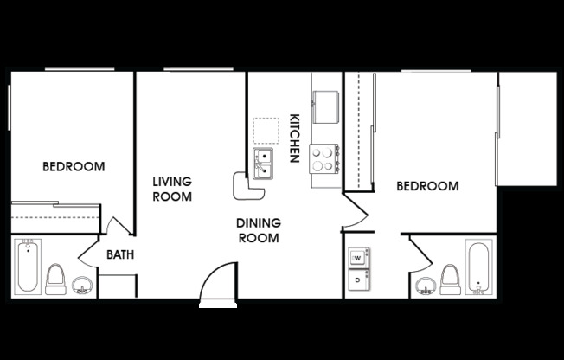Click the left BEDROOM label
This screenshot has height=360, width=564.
(74, 166)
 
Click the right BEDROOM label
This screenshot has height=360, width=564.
(427, 186)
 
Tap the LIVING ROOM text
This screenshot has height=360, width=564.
(172, 189)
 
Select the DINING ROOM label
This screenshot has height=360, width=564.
(258, 230)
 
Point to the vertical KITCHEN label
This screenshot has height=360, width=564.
(294, 138)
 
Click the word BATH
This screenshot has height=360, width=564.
(119, 255)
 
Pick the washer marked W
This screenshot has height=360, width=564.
(357, 258)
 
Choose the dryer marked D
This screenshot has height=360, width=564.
(357, 280)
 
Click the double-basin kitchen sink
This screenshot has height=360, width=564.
(264, 162)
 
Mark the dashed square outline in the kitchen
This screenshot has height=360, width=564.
(266, 131)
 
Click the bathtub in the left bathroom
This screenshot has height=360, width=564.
(28, 267)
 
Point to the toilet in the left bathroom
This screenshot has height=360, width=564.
(55, 279)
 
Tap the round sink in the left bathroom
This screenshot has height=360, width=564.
(83, 286)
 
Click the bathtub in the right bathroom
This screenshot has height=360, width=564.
(477, 267)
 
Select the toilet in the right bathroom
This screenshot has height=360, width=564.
(450, 279)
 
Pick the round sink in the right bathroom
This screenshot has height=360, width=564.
(424, 286)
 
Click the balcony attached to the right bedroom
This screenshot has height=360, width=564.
(527, 128)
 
